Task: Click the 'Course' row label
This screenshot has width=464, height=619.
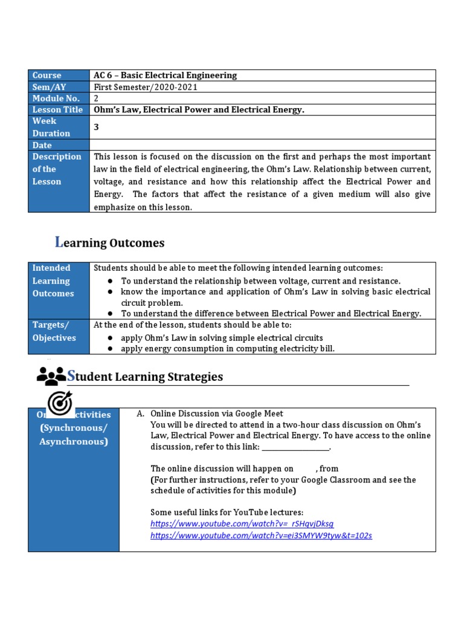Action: pos(47,76)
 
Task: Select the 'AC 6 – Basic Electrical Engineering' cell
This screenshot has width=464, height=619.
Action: pos(165,76)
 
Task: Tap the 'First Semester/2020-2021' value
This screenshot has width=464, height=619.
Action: pos(146,87)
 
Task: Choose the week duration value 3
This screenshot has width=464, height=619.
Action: pos(96,127)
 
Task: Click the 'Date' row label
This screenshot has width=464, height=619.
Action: pos(42,145)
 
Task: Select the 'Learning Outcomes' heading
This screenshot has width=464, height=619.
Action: pos(109,243)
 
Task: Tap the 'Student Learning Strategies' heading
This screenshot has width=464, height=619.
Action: pos(145,377)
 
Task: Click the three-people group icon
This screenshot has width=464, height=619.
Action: pos(51,376)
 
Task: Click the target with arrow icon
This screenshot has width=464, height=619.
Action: pos(59,403)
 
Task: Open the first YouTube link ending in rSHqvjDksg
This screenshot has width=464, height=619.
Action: pos(242,523)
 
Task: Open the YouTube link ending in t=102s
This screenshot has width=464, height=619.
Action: pos(261,536)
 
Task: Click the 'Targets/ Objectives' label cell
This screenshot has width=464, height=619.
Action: pos(54,331)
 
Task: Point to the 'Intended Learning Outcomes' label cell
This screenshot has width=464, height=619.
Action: pos(53,280)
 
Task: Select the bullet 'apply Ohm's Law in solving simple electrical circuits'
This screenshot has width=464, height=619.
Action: pos(222,338)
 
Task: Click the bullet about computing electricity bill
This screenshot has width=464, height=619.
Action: pos(227,349)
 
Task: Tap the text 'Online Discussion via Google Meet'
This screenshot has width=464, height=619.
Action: pos(216,413)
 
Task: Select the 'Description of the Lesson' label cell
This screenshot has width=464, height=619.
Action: pos(57,169)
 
